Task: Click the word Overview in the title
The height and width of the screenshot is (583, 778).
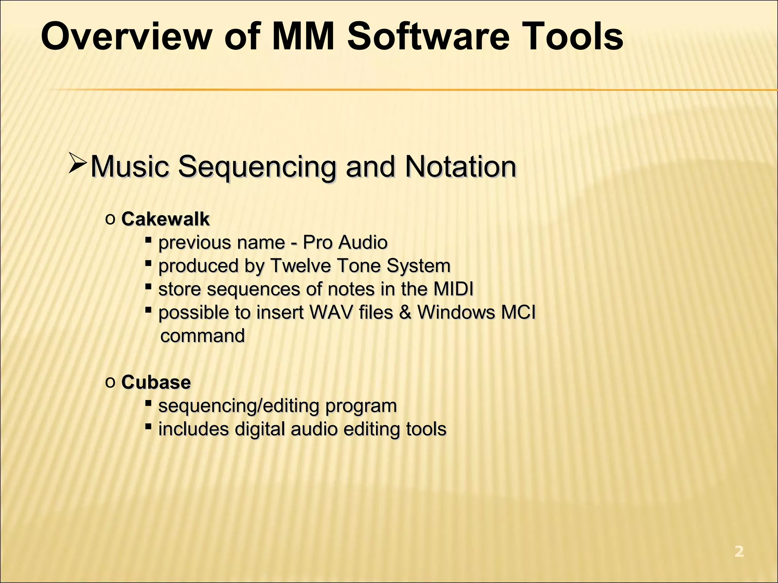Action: click(x=125, y=37)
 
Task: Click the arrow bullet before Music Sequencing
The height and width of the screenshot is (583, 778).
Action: click(x=78, y=164)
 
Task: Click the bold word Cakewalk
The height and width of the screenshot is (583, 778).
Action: click(x=165, y=219)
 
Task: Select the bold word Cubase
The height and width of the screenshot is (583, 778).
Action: click(x=156, y=382)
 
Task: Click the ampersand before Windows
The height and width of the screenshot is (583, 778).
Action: click(x=405, y=312)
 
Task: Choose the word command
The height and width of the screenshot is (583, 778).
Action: click(x=202, y=336)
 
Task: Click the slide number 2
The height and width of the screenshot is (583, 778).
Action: click(x=739, y=551)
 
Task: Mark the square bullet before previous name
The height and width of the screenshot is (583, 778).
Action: click(x=149, y=240)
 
